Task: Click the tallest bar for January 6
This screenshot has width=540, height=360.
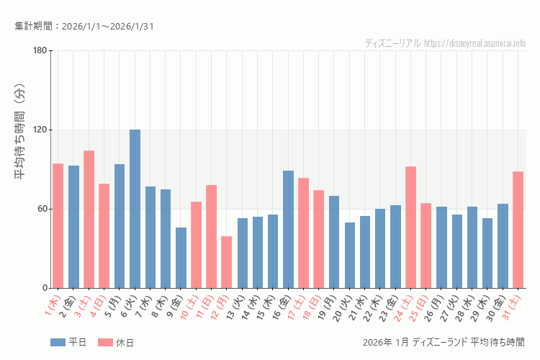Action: pyautogui.click(x=135, y=209)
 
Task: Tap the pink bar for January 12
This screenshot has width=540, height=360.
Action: pyautogui.click(x=227, y=262)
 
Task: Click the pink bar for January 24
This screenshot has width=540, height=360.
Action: pyautogui.click(x=410, y=227)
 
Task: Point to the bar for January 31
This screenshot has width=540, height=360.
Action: pyautogui.click(x=518, y=230)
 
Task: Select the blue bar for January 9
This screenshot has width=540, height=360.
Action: pyautogui.click(x=181, y=258)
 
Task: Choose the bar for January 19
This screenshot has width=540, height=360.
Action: pyautogui.click(x=334, y=242)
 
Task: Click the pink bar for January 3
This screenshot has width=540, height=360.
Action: pyautogui.click(x=89, y=219)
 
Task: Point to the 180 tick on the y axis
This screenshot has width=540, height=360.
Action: pyautogui.click(x=40, y=50)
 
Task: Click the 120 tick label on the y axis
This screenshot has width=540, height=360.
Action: pyautogui.click(x=40, y=130)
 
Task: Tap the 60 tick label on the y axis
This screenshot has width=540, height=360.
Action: pyautogui.click(x=42, y=209)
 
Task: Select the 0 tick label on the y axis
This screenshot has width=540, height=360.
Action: pyautogui.click(x=44, y=288)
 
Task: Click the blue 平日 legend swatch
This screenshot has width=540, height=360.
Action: pyautogui.click(x=58, y=343)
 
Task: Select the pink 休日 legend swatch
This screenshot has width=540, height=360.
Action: pyautogui.click(x=105, y=343)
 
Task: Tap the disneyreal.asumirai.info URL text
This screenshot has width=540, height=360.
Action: pyautogui.click(x=475, y=43)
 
